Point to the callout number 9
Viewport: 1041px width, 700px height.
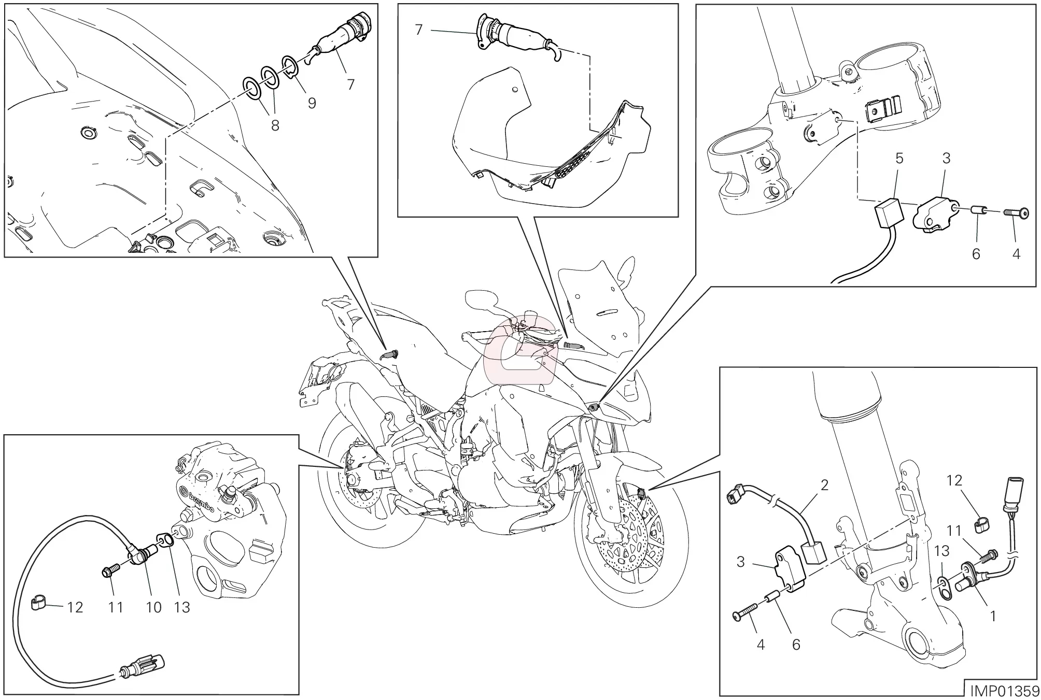coord(312,103)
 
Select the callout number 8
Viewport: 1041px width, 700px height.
coord(275,125)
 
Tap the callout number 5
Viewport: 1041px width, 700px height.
coord(899,159)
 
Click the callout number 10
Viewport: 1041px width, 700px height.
coord(153,607)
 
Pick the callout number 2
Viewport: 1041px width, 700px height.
coord(824,485)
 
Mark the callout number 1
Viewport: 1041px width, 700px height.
coord(992,616)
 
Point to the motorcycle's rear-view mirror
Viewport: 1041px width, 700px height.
coord(482,299)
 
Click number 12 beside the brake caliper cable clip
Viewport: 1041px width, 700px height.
coord(75,607)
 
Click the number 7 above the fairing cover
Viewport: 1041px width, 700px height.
coord(419,30)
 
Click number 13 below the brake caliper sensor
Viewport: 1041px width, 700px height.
coord(182,607)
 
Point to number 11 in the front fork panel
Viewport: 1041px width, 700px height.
coord(954,531)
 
